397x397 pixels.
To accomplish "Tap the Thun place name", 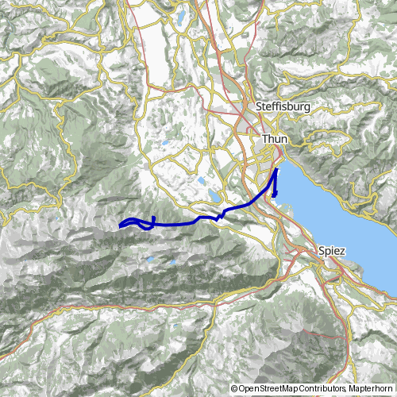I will [274, 139].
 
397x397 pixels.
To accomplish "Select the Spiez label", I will [331, 250].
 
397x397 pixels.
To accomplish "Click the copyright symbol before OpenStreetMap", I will [233, 366].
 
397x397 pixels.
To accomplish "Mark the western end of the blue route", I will [119, 226].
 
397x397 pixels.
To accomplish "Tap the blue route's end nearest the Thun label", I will [276, 169].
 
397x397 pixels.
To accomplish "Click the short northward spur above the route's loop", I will [153, 218].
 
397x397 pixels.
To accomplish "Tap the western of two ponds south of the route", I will [149, 259].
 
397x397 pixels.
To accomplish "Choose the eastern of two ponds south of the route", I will [172, 261].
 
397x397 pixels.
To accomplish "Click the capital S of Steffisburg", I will [260, 106].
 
